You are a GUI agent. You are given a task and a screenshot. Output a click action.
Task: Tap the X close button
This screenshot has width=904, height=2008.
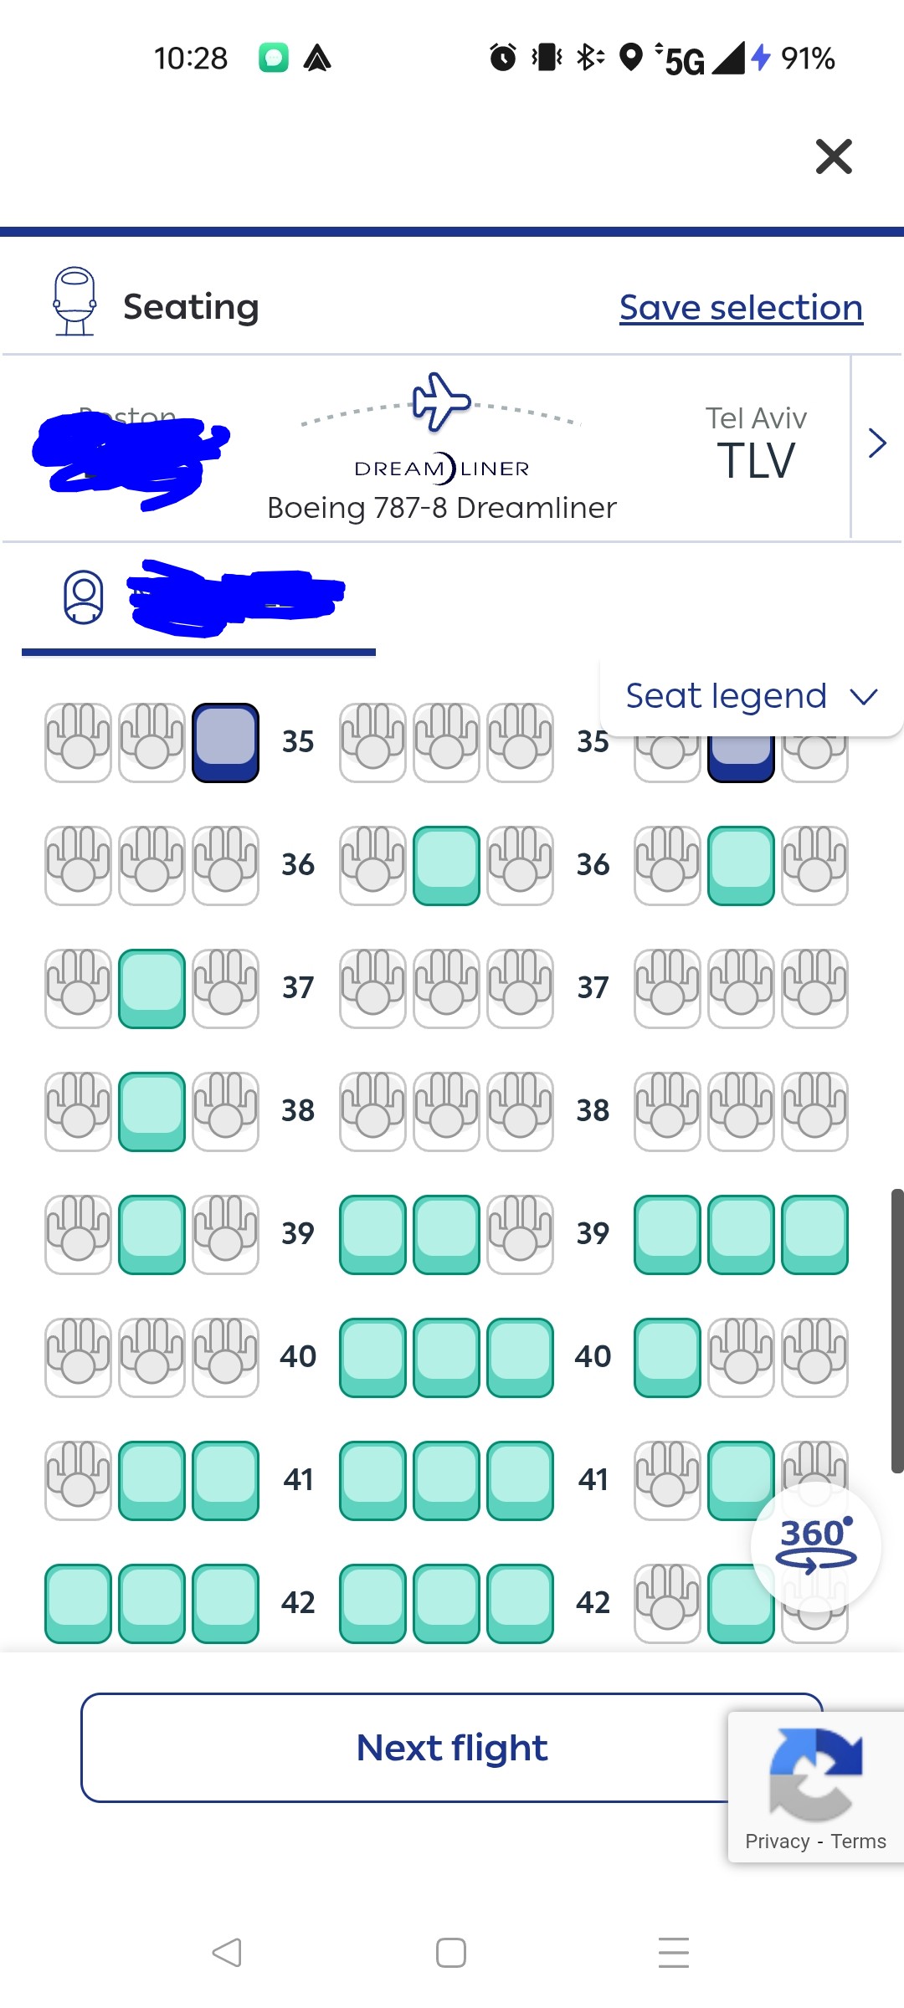pos(834,156)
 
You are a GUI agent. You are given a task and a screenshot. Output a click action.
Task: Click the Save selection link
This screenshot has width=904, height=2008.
pos(741,307)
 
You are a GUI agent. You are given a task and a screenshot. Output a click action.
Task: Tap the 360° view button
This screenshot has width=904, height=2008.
pos(816,1546)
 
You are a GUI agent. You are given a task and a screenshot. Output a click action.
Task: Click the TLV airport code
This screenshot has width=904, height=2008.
pos(756,461)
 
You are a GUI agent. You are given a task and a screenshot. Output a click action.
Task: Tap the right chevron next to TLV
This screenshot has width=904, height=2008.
pos(876,443)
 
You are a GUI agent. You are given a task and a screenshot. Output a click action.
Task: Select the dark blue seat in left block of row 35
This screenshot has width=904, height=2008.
pos(225,742)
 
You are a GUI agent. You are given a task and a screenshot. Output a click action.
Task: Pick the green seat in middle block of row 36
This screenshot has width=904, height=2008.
pos(446,865)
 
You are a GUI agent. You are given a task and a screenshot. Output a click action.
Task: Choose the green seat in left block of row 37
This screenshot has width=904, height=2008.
pos(152,988)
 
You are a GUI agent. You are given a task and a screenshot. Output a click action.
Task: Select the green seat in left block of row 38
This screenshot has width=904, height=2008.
pos(152,1111)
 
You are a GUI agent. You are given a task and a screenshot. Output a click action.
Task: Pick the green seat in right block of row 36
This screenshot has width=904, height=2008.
pos(741,865)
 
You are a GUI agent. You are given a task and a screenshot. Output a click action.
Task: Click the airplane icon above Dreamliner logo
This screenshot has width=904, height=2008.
pos(441,402)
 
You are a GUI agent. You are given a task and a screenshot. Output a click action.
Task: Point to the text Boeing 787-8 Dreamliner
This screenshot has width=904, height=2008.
pos(441,508)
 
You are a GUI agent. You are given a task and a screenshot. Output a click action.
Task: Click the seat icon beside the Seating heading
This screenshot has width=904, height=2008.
pos(74,301)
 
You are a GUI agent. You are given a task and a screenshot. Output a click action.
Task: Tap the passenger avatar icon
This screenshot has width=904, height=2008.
pos(84,597)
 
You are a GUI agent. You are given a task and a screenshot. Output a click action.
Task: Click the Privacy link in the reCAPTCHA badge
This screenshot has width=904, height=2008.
pos(777,1842)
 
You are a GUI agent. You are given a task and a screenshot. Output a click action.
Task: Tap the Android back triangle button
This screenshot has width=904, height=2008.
pos(227,1952)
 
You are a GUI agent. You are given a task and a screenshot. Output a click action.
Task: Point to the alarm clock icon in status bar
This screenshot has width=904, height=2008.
pos(503,58)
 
